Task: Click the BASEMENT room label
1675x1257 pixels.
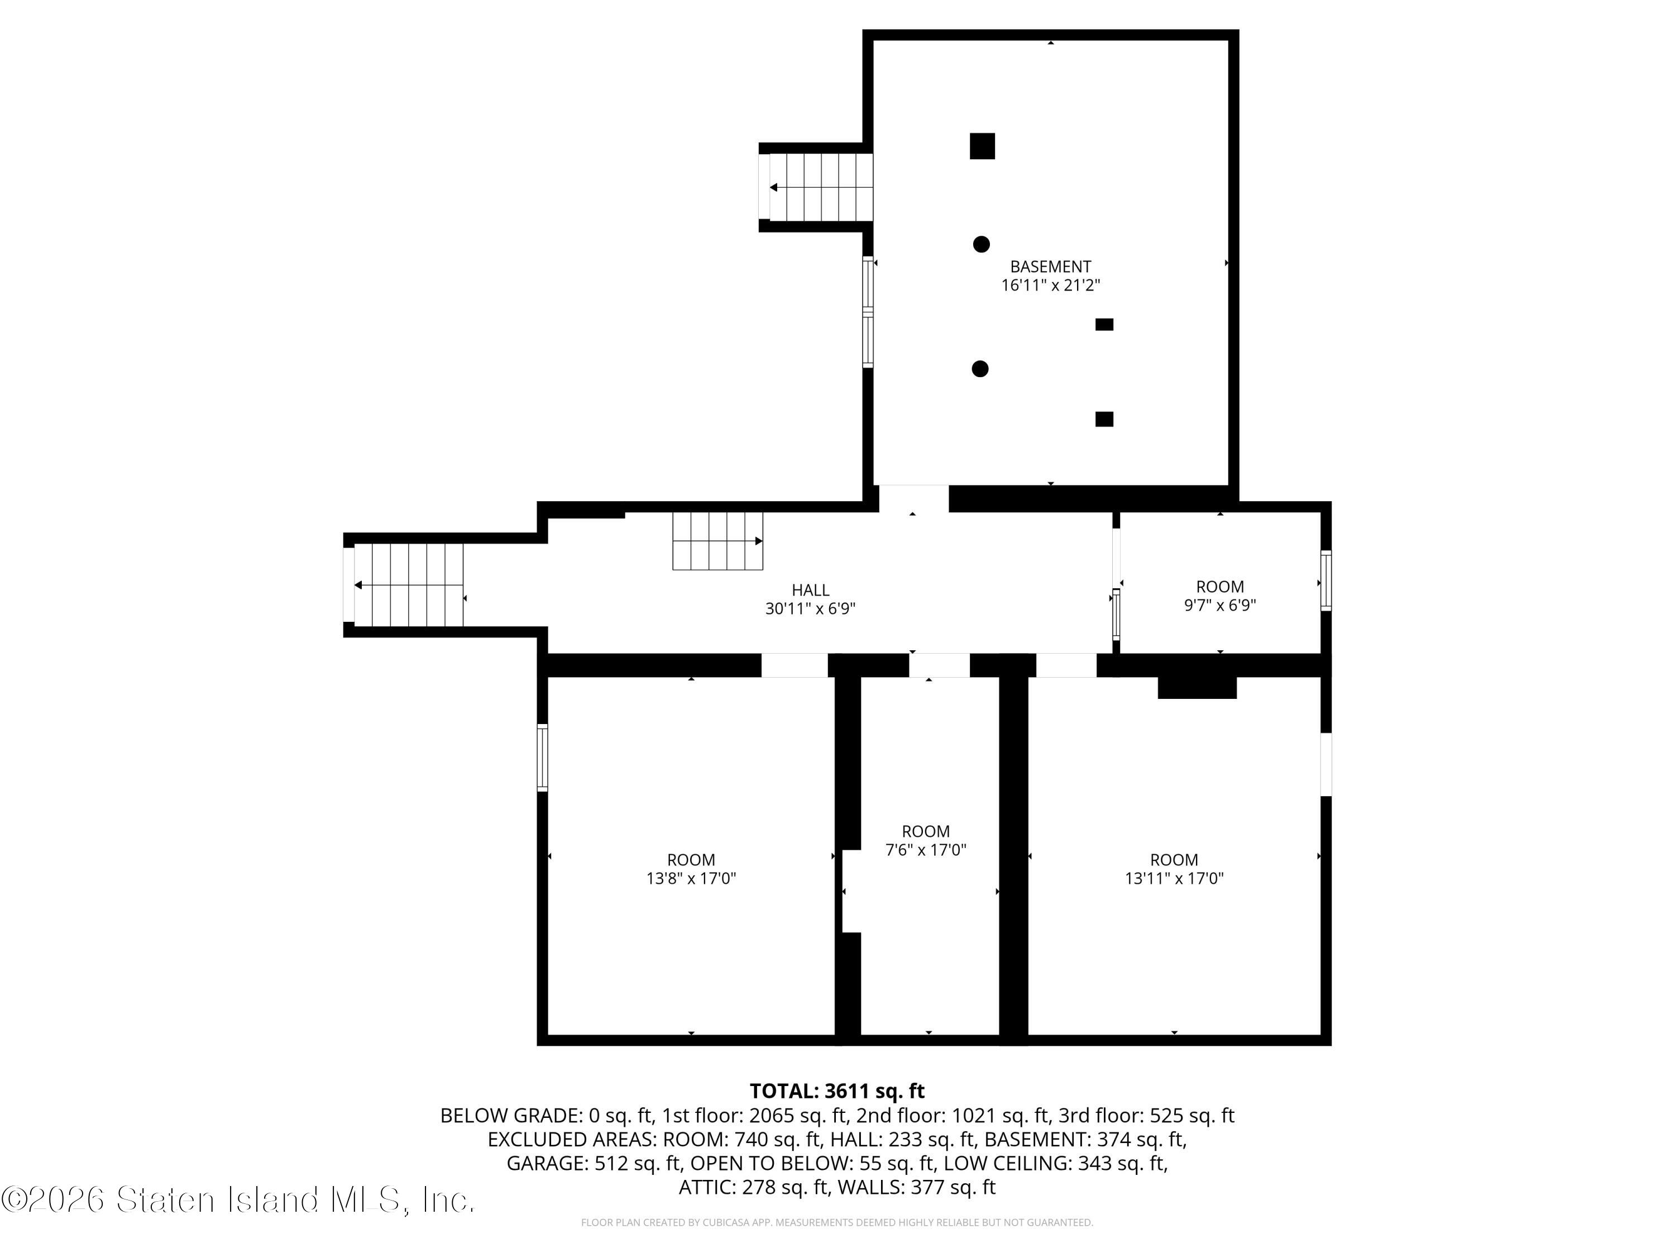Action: click(1050, 266)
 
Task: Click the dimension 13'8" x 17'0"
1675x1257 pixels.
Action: click(691, 878)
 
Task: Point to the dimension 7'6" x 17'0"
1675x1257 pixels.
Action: click(925, 849)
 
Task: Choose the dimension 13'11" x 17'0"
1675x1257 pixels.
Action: click(1174, 878)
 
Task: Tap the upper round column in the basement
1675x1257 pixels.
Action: click(982, 244)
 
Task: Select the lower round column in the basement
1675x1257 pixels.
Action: click(980, 369)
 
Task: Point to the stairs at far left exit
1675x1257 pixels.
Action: click(409, 585)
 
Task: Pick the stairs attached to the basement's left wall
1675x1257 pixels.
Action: click(821, 187)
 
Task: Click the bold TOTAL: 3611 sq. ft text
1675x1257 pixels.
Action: click(837, 1091)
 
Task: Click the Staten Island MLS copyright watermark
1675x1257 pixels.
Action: click(238, 1199)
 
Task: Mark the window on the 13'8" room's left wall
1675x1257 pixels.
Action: click(542, 758)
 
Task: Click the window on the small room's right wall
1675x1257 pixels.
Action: click(1326, 580)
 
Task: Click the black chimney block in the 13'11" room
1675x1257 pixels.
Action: click(1197, 687)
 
